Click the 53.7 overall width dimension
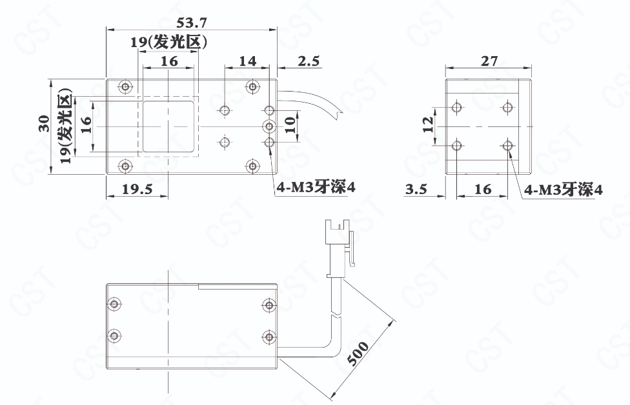[192, 23]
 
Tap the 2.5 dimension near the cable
[309, 61]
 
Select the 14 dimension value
[247, 61]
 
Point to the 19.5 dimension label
[137, 189]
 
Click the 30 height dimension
[44, 123]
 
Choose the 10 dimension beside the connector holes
[290, 125]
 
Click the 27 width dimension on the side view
[489, 61]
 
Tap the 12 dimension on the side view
[429, 124]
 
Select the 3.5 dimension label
[416, 189]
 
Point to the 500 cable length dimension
[358, 353]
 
